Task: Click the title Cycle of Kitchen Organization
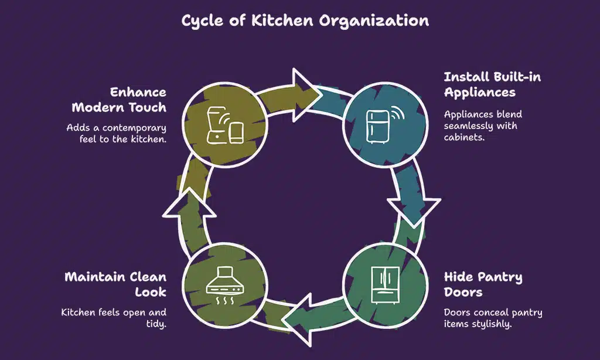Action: pos(305,21)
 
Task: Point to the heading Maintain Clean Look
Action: pos(115,284)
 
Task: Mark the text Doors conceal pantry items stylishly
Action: pos(493,318)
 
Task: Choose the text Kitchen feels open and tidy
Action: pos(114,318)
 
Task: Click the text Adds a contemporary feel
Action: pos(117,133)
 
